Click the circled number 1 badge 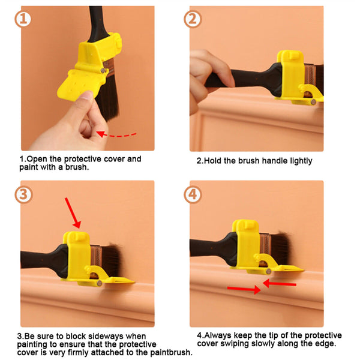(x=22, y=19)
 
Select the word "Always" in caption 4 (x=219, y=335)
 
